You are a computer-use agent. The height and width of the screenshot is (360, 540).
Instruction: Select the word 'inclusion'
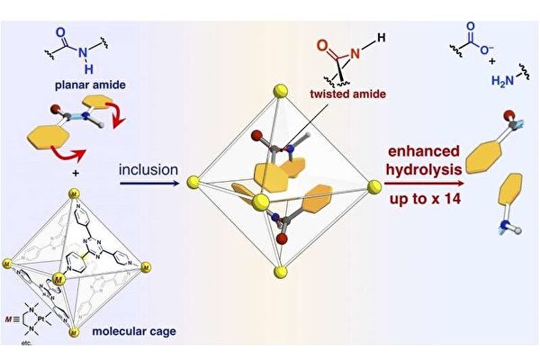148,166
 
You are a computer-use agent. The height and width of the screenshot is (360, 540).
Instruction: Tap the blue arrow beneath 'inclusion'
148,182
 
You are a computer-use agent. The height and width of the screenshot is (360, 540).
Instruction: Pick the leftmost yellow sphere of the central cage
192,184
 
